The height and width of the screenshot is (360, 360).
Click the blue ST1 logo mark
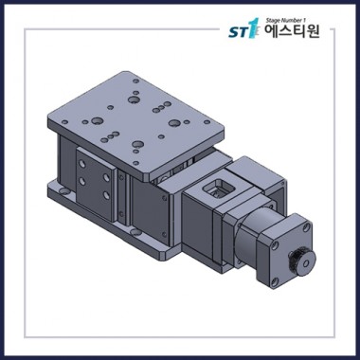click(243, 29)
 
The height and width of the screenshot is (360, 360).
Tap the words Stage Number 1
click(286, 21)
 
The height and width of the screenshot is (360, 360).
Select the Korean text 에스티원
click(292, 31)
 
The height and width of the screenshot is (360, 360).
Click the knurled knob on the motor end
click(302, 262)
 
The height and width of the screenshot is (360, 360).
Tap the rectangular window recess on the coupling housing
click(219, 189)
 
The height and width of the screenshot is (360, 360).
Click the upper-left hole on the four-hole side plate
click(82, 164)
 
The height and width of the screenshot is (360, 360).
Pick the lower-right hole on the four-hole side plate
click(106, 195)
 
